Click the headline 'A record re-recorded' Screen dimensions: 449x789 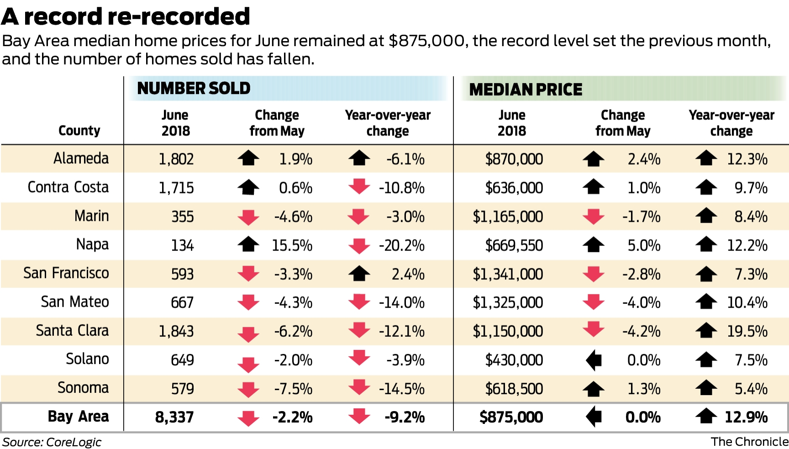126,16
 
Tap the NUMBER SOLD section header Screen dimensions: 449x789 194,88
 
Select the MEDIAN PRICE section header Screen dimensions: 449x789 526,89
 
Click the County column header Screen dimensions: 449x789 79,131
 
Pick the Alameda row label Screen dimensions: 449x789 81,158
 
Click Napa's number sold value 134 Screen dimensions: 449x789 182,245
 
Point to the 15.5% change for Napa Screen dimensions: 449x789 292,245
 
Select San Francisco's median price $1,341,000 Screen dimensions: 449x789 508,274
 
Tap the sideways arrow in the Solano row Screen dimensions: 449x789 594,360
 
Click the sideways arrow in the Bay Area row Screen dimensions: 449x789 594,417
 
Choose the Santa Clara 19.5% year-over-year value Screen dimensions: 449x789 747,331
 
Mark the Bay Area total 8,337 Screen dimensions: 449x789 174,417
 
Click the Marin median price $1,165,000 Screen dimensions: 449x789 508,217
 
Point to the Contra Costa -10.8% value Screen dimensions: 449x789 401,188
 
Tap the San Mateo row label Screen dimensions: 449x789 75,302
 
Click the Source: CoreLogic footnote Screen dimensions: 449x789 52,442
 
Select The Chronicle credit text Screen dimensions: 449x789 749,442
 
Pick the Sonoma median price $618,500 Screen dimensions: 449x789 514,389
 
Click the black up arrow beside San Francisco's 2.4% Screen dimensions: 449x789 359,274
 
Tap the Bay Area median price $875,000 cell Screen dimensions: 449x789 511,417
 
